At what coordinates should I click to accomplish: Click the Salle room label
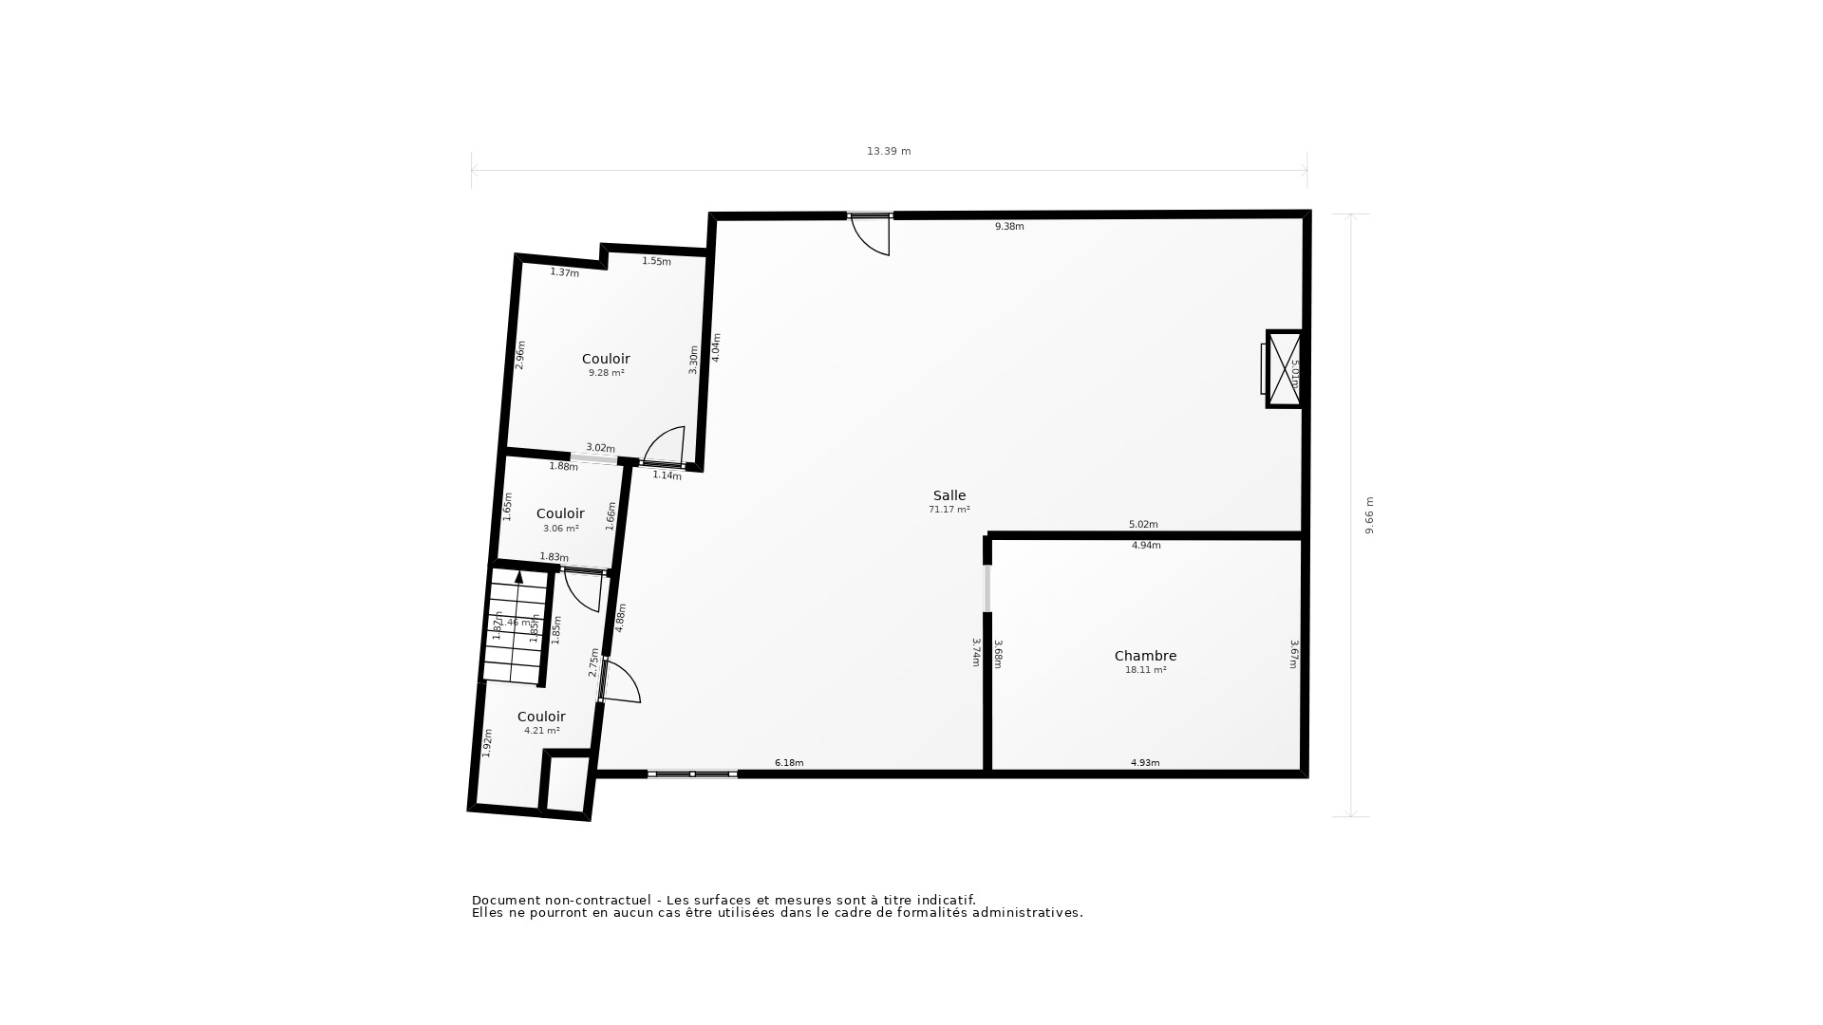[x=949, y=495]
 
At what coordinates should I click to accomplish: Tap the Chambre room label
[x=1145, y=656]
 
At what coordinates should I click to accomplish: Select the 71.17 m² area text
[x=949, y=510]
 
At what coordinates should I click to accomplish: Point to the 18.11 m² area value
[x=1145, y=670]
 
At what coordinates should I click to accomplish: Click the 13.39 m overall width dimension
[x=888, y=151]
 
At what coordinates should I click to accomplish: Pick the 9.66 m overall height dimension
[x=1369, y=515]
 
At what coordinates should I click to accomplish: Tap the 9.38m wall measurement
[x=1008, y=227]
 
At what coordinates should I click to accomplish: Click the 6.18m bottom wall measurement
[x=789, y=763]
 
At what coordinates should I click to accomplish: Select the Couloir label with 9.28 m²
[x=606, y=359]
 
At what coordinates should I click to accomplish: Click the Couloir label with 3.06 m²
[x=560, y=514]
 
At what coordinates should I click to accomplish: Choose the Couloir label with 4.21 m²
[x=541, y=717]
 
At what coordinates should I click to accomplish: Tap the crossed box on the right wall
[x=1285, y=369]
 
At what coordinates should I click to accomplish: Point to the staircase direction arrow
[x=518, y=576]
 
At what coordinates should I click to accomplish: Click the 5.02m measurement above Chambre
[x=1143, y=525]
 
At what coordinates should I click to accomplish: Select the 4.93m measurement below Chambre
[x=1144, y=763]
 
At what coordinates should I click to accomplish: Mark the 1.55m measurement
[x=656, y=262]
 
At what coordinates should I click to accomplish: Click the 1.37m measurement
[x=564, y=273]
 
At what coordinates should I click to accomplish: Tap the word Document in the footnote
[x=503, y=901]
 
